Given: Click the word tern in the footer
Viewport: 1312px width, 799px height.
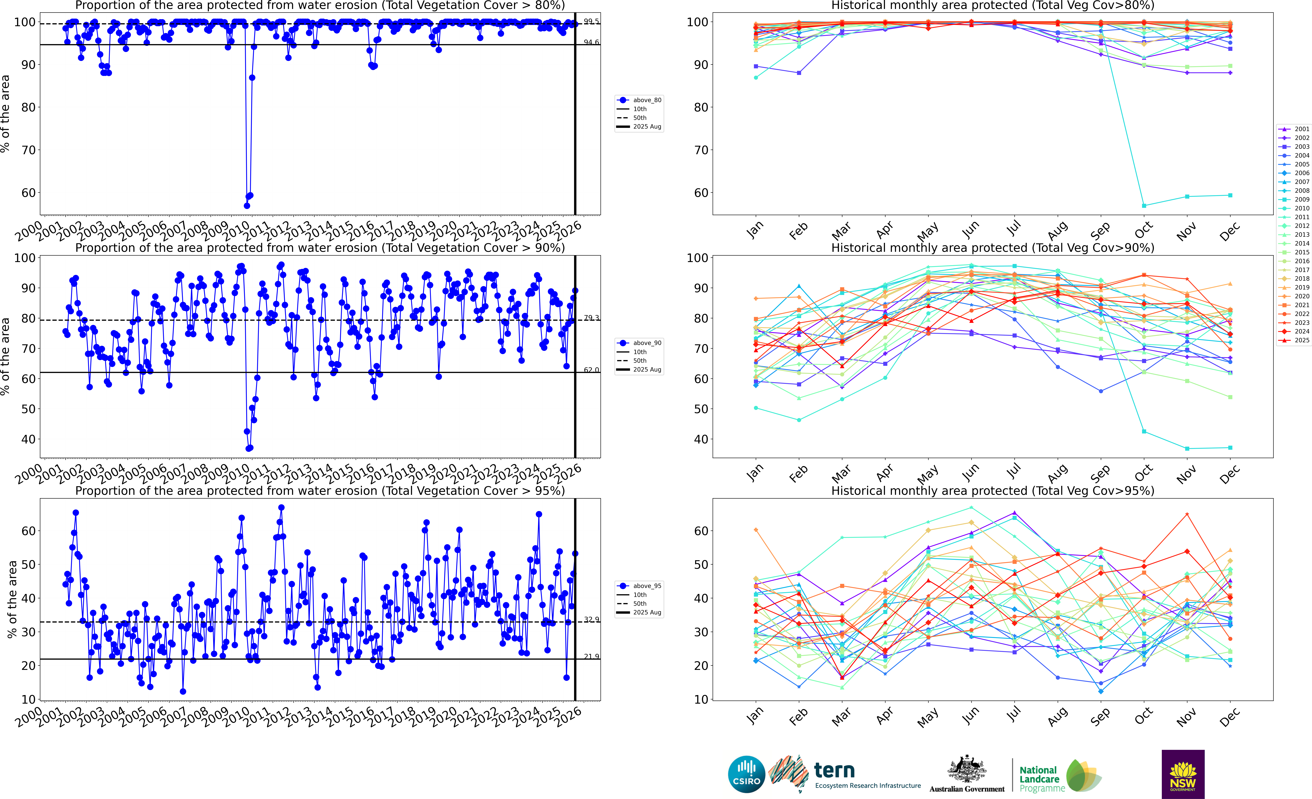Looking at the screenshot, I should tap(834, 770).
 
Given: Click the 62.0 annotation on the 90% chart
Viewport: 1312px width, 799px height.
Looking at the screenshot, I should tap(591, 370).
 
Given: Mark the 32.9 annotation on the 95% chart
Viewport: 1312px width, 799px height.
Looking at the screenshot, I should tap(591, 619).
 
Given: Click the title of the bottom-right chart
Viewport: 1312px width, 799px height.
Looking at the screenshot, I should tap(993, 491).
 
